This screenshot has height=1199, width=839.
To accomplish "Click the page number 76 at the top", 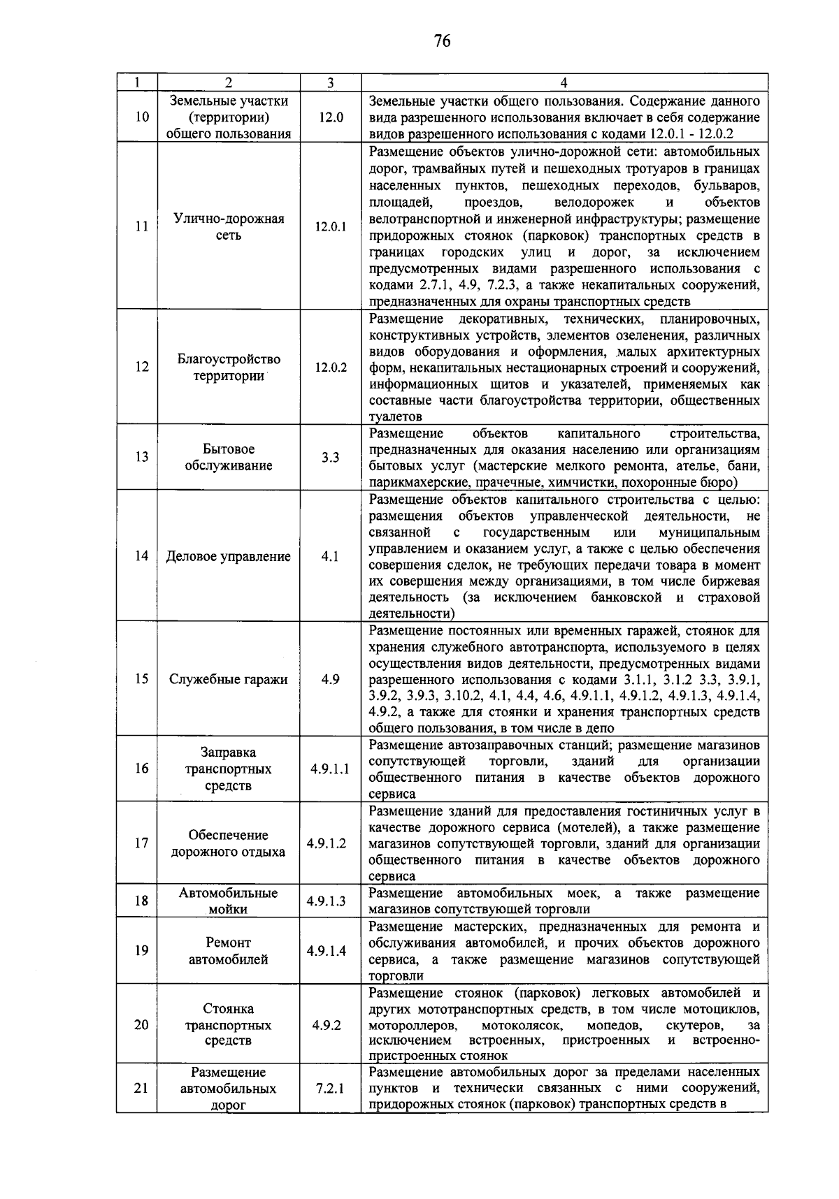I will coord(442,42).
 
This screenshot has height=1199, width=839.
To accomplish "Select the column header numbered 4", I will coord(564,82).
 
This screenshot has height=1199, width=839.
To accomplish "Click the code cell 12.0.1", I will coord(330,227).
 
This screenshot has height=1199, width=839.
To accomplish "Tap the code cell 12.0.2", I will coord(330,367).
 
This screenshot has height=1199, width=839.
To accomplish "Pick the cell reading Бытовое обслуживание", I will coord(229,458).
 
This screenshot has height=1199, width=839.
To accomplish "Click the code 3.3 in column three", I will coord(330,458).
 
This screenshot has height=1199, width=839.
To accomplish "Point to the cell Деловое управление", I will coord(229,557).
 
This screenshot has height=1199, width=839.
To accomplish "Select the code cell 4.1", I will coord(330,557).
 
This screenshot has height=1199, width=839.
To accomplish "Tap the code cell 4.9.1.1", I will coord(330,769).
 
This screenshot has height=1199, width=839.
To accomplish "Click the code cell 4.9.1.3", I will coord(327,901).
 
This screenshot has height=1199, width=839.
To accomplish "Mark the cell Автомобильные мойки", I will coord(229,901).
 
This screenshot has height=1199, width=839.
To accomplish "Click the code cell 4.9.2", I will coord(327,1026).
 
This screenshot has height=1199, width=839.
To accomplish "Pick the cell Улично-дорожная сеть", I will coord(229,227).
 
